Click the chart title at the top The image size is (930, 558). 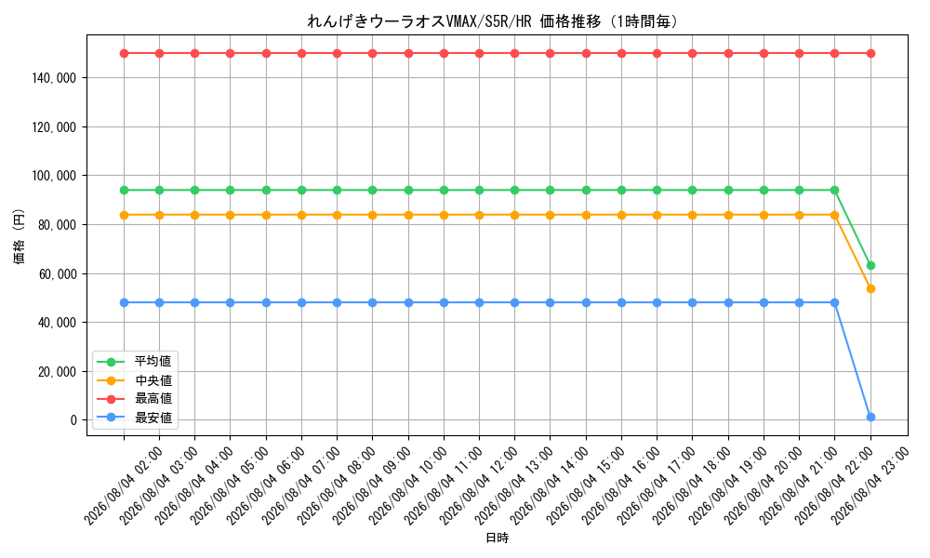[x=492, y=21]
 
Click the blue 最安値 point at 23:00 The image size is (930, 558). [x=870, y=418]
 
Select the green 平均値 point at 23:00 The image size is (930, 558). [x=870, y=266]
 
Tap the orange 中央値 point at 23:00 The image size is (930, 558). [x=870, y=289]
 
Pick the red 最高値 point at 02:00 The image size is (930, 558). [x=124, y=53]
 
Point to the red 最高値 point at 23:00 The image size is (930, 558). [x=870, y=53]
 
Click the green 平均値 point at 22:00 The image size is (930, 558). [x=834, y=191]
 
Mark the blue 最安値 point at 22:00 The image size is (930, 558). [x=834, y=302]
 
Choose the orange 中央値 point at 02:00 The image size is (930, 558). [x=124, y=215]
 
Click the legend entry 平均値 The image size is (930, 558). [x=134, y=361]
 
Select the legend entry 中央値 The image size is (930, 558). [x=134, y=380]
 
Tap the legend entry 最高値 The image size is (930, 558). [x=134, y=398]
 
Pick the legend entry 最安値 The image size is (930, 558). [x=134, y=418]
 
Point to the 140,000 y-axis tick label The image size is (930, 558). [x=54, y=78]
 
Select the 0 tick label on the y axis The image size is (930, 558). [x=73, y=419]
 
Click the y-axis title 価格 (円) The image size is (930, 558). [x=20, y=236]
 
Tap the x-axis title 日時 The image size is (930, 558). [x=497, y=538]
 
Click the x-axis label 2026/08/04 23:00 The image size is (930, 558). [x=869, y=486]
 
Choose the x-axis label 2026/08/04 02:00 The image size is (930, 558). [x=122, y=486]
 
